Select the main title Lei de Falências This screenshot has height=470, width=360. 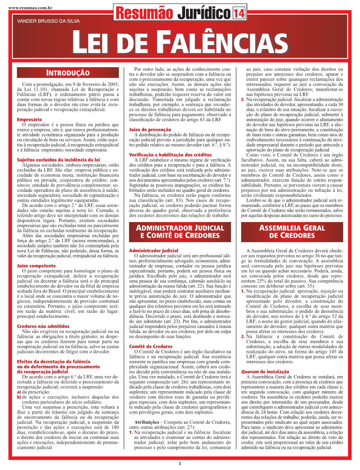click(180, 42)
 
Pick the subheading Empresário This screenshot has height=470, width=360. click(29, 120)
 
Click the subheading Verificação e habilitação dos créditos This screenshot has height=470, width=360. click(170, 154)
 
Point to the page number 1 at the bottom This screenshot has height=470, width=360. click(180, 463)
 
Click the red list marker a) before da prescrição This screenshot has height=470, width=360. click(19, 392)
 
